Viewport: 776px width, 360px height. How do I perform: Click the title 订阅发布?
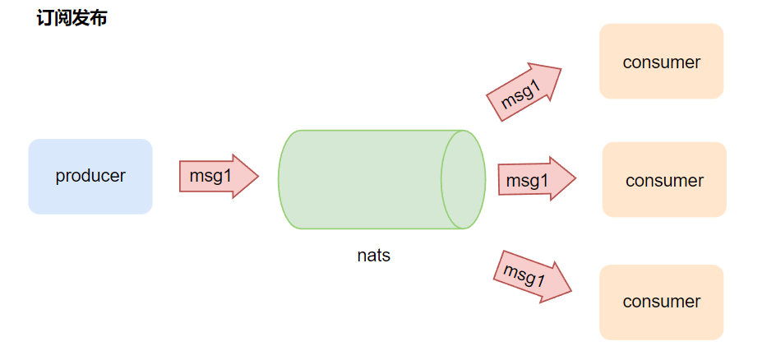click(72, 19)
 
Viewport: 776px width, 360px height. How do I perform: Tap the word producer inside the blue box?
click(90, 176)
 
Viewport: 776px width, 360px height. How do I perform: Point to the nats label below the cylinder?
click(374, 256)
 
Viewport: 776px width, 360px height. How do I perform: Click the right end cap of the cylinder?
click(463, 179)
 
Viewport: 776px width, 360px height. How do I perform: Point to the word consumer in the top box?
click(661, 62)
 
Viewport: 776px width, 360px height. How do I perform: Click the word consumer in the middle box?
click(664, 180)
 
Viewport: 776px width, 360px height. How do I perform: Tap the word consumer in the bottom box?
click(661, 302)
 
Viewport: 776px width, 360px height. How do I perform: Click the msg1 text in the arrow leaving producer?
click(210, 176)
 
